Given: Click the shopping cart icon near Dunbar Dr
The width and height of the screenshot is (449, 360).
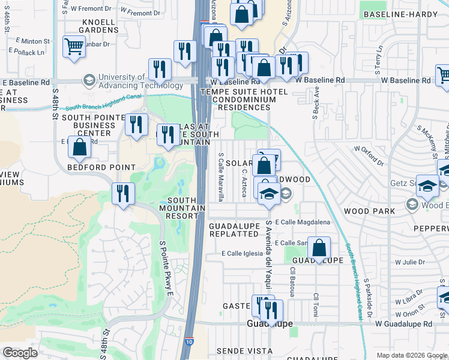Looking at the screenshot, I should pyautogui.click(x=74, y=46).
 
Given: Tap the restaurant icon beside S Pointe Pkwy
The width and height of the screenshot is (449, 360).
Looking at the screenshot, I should pyautogui.click(x=124, y=193).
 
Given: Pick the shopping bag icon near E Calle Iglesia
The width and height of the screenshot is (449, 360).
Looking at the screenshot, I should pyautogui.click(x=319, y=247).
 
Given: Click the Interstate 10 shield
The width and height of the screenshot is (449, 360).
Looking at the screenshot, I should pyautogui.click(x=189, y=341).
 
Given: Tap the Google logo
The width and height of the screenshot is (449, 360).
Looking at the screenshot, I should pyautogui.click(x=20, y=352).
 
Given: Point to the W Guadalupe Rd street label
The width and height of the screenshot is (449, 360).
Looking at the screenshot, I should pyautogui.click(x=403, y=324).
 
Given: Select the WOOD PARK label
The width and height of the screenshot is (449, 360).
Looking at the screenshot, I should pyautogui.click(x=369, y=211).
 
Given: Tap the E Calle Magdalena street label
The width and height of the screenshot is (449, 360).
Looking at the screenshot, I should pyautogui.click(x=303, y=222).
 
